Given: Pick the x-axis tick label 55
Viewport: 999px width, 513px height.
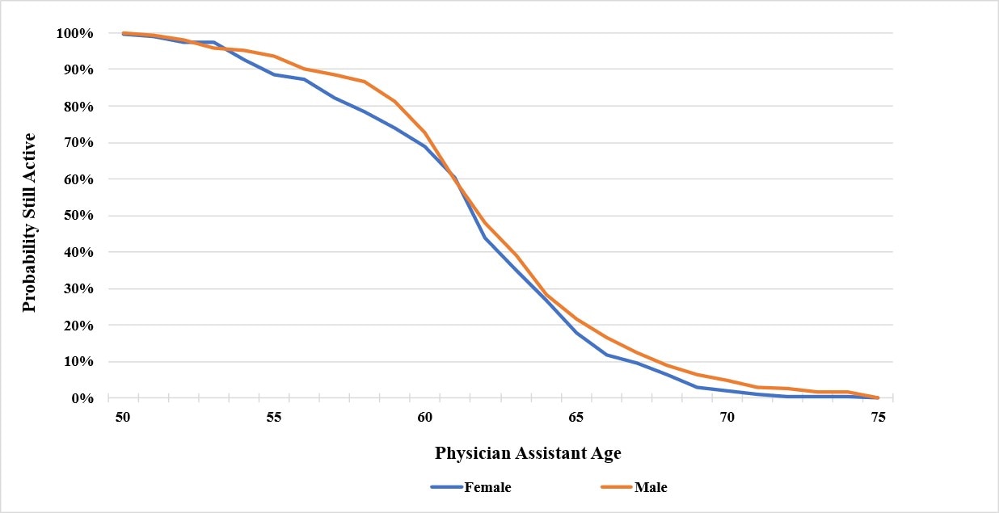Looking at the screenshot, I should tap(274, 417).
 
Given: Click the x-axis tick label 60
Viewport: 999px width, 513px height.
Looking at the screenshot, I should tap(425, 417).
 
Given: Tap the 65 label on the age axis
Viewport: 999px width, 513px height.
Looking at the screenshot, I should tap(575, 417).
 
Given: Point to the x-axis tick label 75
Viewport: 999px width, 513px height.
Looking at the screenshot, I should tap(879, 417).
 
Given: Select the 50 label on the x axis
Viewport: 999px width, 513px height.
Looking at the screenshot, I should tap(123, 417).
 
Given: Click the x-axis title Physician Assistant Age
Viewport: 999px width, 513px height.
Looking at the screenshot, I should tap(528, 453).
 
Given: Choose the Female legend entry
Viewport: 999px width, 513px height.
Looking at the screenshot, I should tap(487, 487).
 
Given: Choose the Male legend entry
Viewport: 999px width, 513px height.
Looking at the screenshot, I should tap(651, 487).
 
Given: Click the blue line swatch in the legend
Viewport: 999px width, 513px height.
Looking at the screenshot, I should tap(445, 487).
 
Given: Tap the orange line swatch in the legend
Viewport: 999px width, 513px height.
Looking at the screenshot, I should tap(615, 487).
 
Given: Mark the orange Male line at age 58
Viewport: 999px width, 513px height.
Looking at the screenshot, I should tap(365, 81).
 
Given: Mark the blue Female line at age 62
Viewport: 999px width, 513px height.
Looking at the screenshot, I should tap(485, 238).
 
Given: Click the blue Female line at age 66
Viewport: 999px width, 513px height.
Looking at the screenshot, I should tap(606, 355).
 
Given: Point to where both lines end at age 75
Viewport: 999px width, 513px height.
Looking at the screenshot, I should tap(878, 397).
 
